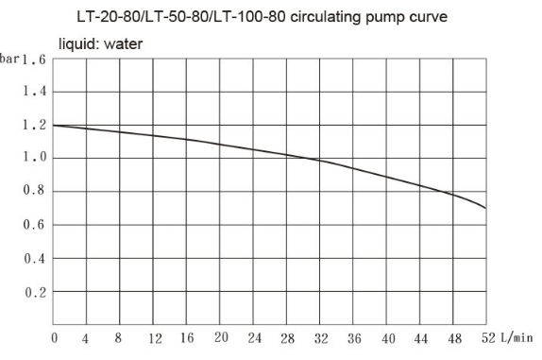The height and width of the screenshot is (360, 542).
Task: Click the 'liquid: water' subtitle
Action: [101, 43]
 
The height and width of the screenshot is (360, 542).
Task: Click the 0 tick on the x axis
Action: [55, 338]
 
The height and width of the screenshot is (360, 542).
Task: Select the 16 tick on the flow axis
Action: [187, 338]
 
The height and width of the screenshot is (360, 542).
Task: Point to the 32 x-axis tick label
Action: [320, 338]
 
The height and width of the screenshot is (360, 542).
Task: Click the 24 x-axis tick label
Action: [254, 338]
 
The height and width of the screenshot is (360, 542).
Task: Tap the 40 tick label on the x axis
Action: [386, 338]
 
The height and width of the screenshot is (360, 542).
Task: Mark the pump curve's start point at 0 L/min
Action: [55, 125]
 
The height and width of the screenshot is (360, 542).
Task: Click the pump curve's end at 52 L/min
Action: [485, 208]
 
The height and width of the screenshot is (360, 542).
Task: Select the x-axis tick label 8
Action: [121, 338]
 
